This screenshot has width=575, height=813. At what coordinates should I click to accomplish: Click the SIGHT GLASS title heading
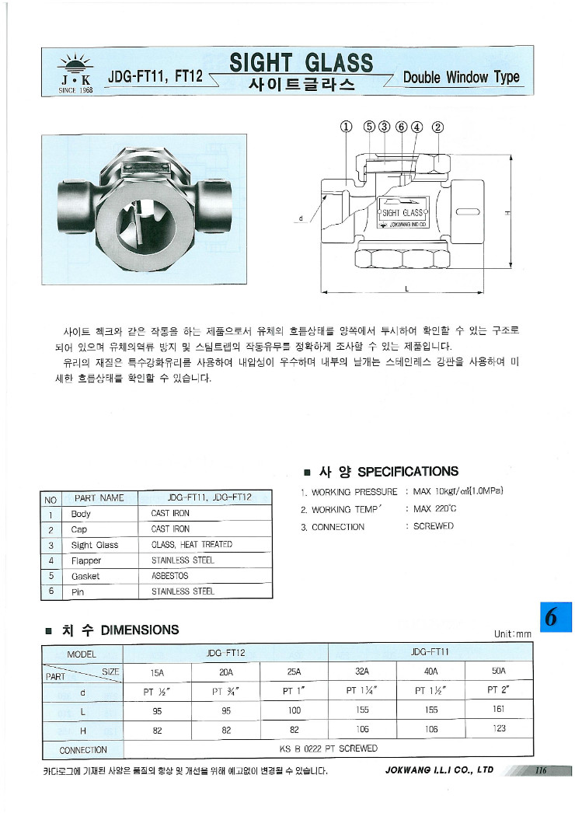coord(301,63)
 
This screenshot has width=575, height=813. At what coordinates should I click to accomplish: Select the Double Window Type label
coord(461,77)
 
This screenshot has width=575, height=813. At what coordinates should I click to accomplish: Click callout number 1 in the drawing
coord(346,127)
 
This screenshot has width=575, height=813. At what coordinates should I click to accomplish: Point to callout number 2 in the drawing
coord(437,127)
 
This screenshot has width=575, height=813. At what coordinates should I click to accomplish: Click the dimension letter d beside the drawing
coord(300,218)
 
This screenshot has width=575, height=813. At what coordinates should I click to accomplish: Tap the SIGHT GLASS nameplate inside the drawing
coord(402,212)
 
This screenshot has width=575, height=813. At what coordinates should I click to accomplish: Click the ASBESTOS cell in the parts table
coord(169,576)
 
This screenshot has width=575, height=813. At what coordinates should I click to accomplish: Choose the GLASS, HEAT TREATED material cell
coord(191,545)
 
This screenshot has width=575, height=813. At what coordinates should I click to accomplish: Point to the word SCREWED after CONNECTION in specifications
coord(434,526)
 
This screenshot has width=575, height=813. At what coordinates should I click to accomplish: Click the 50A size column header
coord(498,671)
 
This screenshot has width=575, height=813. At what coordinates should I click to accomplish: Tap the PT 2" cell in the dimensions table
coord(498,689)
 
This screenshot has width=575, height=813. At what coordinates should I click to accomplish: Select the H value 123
coord(498,728)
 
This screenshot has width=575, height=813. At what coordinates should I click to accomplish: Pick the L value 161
coord(498,709)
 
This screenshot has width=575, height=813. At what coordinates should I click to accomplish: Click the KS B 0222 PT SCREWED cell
coord(328,748)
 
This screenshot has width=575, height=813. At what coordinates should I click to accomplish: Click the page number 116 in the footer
coord(542,770)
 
